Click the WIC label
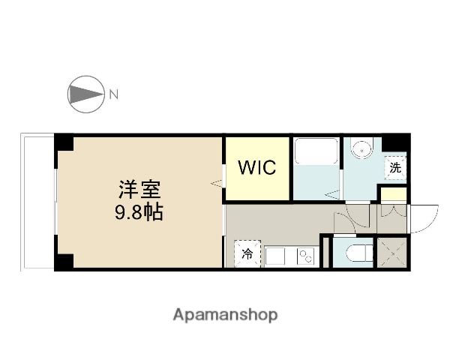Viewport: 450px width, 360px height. point(257,167)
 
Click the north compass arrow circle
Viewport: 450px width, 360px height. point(85,94)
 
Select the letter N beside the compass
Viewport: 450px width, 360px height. point(113,94)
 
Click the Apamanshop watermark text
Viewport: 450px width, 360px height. point(224,314)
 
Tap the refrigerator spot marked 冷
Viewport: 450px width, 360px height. point(247,253)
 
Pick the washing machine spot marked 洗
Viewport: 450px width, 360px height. point(394,168)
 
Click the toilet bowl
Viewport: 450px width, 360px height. point(358,252)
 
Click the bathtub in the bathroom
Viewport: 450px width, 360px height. point(315,154)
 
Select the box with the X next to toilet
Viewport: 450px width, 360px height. point(392,251)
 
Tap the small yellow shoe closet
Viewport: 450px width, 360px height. point(393,196)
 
